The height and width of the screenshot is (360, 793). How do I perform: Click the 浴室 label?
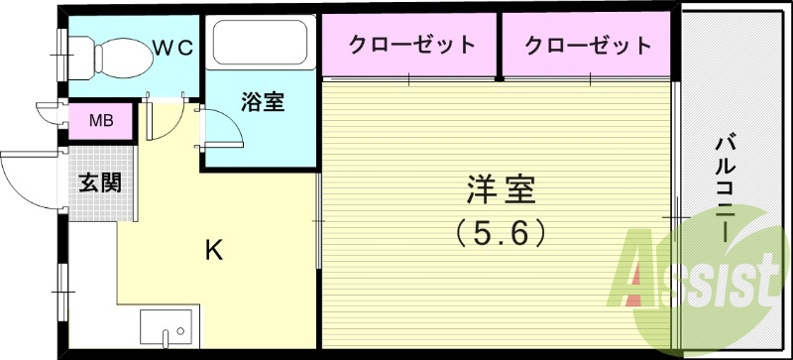click(262, 102)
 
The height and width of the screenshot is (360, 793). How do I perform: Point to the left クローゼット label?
click(410, 45)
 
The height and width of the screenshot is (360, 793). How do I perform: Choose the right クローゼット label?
click(588, 45)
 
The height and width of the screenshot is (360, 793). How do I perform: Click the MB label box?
click(100, 122)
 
